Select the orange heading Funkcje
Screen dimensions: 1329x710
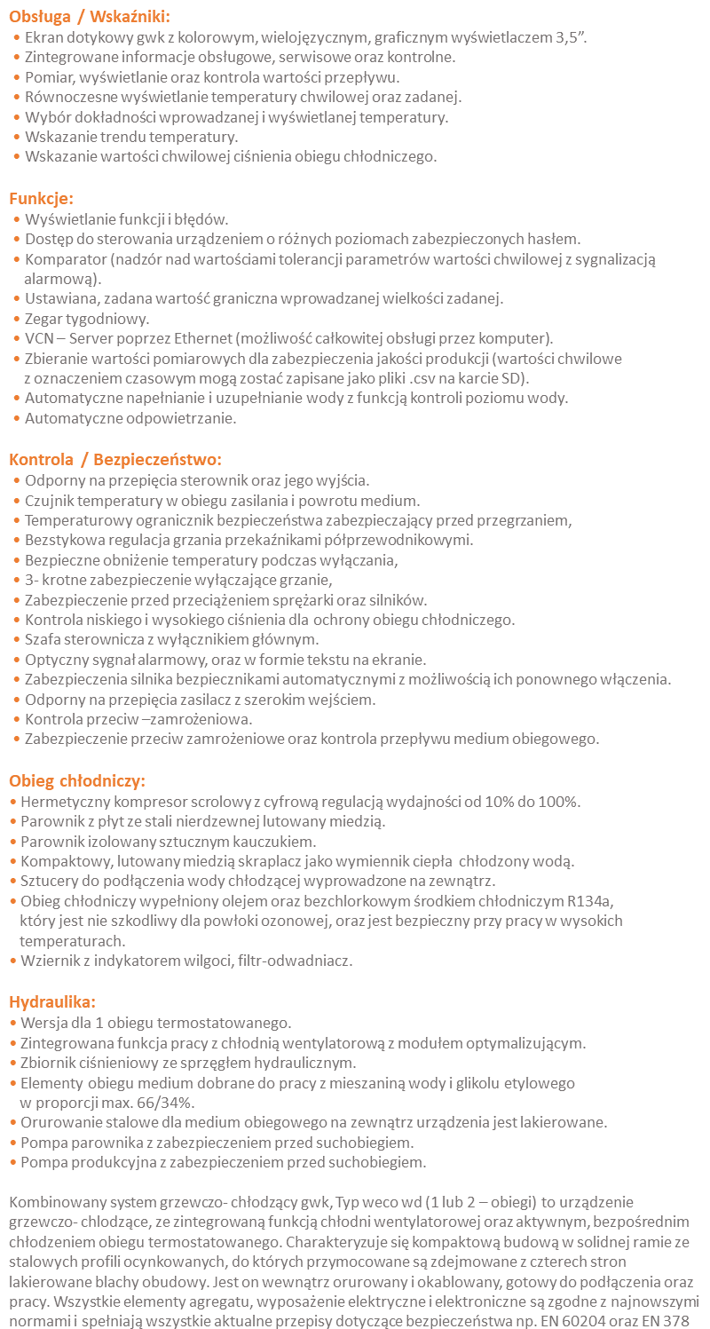pyautogui.click(x=42, y=198)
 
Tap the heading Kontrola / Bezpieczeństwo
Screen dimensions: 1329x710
pyautogui.click(x=115, y=459)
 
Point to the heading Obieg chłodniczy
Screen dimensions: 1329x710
pyautogui.click(x=77, y=781)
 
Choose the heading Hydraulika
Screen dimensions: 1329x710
pyautogui.click(x=52, y=1002)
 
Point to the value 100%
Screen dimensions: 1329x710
pyautogui.click(x=558, y=802)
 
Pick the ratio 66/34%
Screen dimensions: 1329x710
pyautogui.click(x=164, y=1103)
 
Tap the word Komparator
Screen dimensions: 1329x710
pyautogui.click(x=65, y=259)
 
